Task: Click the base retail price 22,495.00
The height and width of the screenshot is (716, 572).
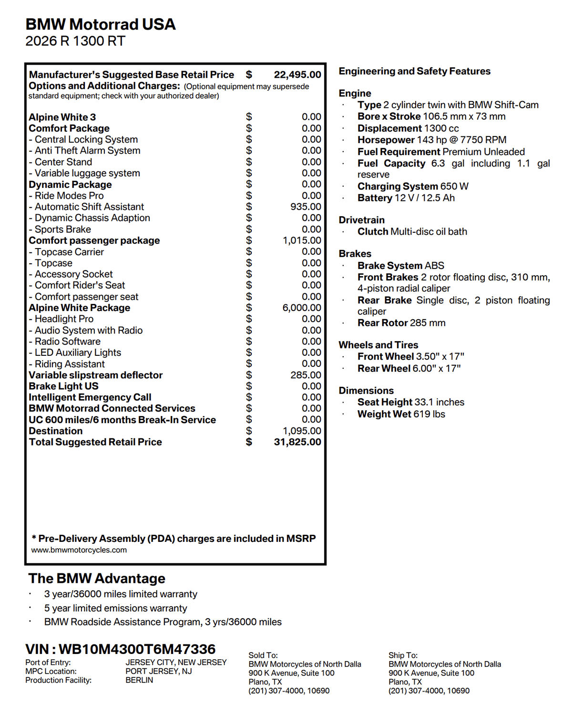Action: pos(297,75)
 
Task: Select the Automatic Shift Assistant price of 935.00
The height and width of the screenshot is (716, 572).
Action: pos(306,207)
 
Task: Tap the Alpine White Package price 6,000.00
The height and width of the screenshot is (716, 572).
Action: pos(302,308)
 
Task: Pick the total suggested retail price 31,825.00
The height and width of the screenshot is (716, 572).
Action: pos(297,442)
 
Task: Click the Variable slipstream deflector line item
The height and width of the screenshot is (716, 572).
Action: pos(96,375)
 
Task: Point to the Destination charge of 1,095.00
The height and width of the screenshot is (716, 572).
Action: pos(302,431)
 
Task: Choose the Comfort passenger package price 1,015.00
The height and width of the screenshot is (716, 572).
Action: pos(302,240)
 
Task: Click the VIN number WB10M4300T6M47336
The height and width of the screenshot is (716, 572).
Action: pos(137,649)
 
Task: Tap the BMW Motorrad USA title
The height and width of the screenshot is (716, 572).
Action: pos(101,24)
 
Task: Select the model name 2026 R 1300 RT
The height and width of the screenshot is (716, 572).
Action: pos(75,42)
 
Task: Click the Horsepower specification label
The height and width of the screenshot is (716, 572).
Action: pos(386,140)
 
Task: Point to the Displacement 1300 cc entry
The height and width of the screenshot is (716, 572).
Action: pos(408,128)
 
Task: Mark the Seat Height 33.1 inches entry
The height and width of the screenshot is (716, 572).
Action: pos(411,402)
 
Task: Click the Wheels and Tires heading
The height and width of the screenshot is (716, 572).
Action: pos(378,345)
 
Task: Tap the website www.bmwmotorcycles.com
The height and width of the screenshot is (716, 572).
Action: pos(79,550)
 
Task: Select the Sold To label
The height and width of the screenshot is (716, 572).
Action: pos(263,655)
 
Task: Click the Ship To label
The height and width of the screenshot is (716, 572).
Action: pos(403,655)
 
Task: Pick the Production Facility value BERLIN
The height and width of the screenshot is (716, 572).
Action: pos(140,680)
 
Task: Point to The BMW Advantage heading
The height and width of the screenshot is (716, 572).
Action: pos(97,579)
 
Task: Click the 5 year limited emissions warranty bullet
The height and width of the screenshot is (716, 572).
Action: pos(116,608)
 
